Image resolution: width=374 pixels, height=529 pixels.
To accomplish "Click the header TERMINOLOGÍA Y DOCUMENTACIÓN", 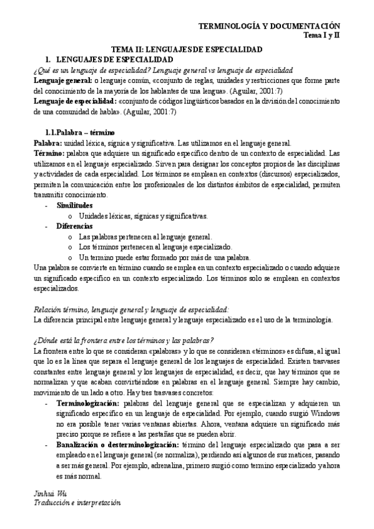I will [269, 26].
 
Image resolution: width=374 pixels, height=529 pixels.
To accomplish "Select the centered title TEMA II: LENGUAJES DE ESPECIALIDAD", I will [186, 49].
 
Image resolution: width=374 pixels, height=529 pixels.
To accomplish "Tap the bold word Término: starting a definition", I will [50, 153].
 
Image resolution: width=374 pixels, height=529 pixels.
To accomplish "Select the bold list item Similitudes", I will [74, 205].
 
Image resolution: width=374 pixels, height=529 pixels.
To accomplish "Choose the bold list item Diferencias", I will [74, 226].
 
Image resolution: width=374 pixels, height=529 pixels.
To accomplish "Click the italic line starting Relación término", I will [131, 309].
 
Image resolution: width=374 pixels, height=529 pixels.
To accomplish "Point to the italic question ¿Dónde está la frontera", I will [123, 340].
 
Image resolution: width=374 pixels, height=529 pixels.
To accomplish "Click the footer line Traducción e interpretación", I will [77, 502].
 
